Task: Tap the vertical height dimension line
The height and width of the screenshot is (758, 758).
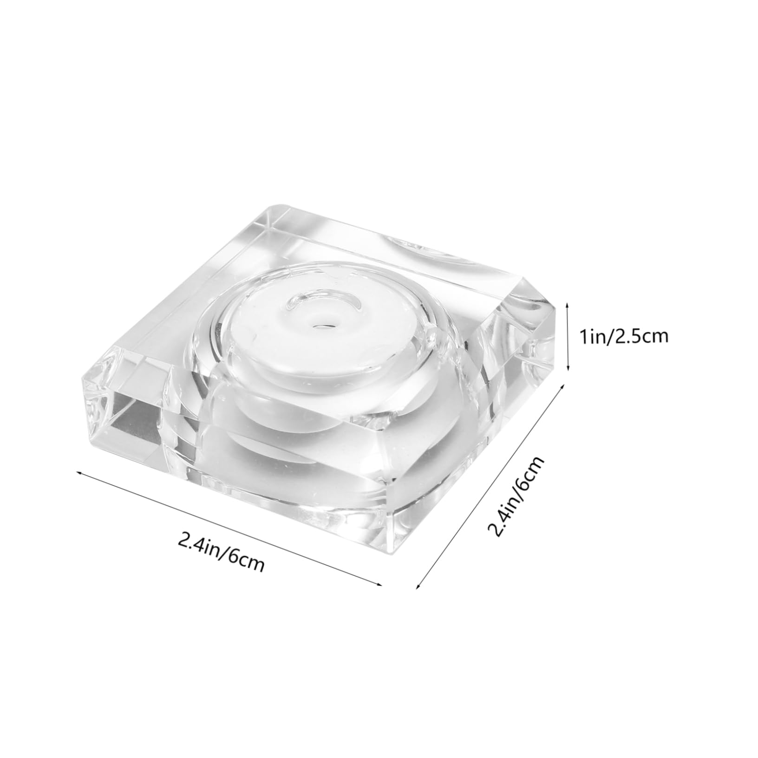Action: click(x=568, y=337)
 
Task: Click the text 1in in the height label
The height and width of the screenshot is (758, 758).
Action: click(x=589, y=336)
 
